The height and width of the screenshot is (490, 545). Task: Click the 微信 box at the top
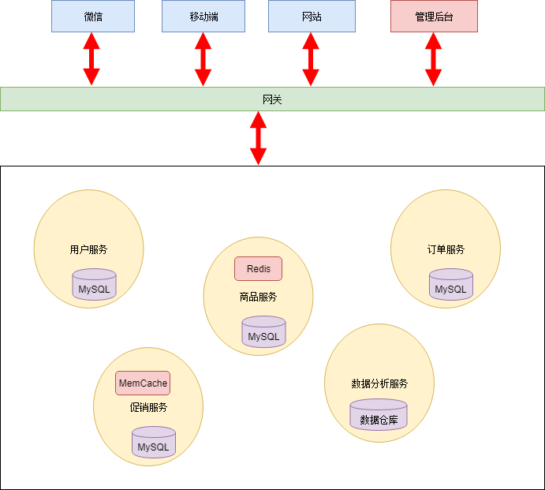(x=93, y=17)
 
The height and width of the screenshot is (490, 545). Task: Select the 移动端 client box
(x=203, y=17)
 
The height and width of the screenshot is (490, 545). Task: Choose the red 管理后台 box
(x=434, y=17)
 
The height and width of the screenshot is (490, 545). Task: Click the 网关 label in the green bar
(x=272, y=99)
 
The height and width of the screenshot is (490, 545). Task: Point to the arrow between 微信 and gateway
(x=91, y=59)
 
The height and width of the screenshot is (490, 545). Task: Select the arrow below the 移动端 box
(x=203, y=59)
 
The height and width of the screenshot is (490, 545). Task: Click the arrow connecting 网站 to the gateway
(x=311, y=59)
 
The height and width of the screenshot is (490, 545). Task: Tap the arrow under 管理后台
(x=433, y=59)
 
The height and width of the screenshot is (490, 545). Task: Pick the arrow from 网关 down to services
(x=258, y=138)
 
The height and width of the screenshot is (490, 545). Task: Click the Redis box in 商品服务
(x=258, y=269)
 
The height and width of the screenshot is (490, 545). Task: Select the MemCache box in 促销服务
(x=143, y=383)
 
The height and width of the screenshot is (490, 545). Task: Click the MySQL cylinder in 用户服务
(x=94, y=286)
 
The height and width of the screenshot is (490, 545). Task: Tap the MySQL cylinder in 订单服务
(x=451, y=286)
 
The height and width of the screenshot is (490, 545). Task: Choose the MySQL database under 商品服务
(x=263, y=333)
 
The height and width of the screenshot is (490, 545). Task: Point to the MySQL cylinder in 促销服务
(x=153, y=443)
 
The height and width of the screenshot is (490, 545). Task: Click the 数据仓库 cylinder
(x=379, y=416)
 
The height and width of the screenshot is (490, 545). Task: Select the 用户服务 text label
(x=88, y=249)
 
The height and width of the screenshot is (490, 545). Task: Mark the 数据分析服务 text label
(x=379, y=383)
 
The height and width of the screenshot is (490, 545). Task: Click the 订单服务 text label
(x=446, y=249)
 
